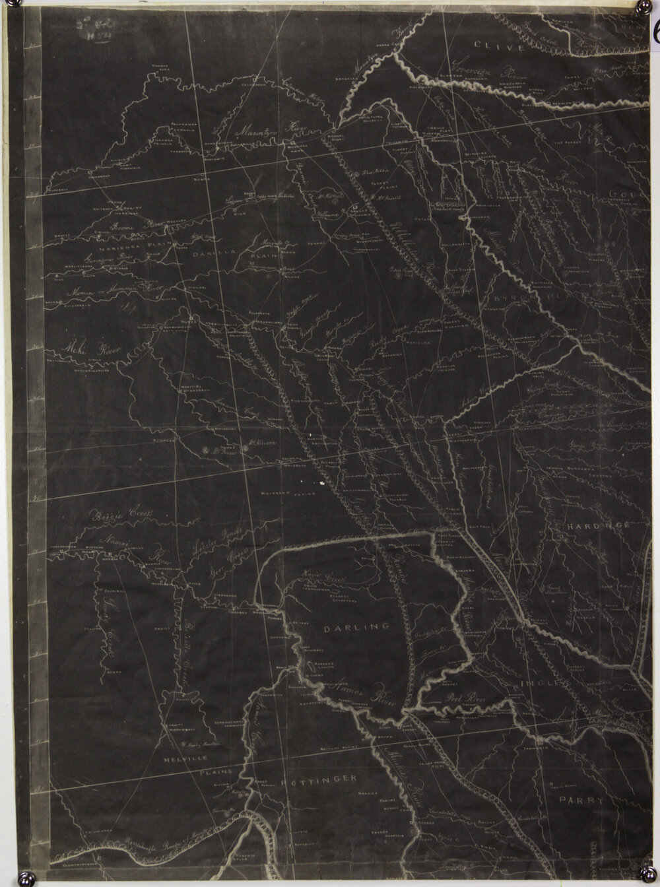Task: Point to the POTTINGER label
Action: point(319,779)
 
